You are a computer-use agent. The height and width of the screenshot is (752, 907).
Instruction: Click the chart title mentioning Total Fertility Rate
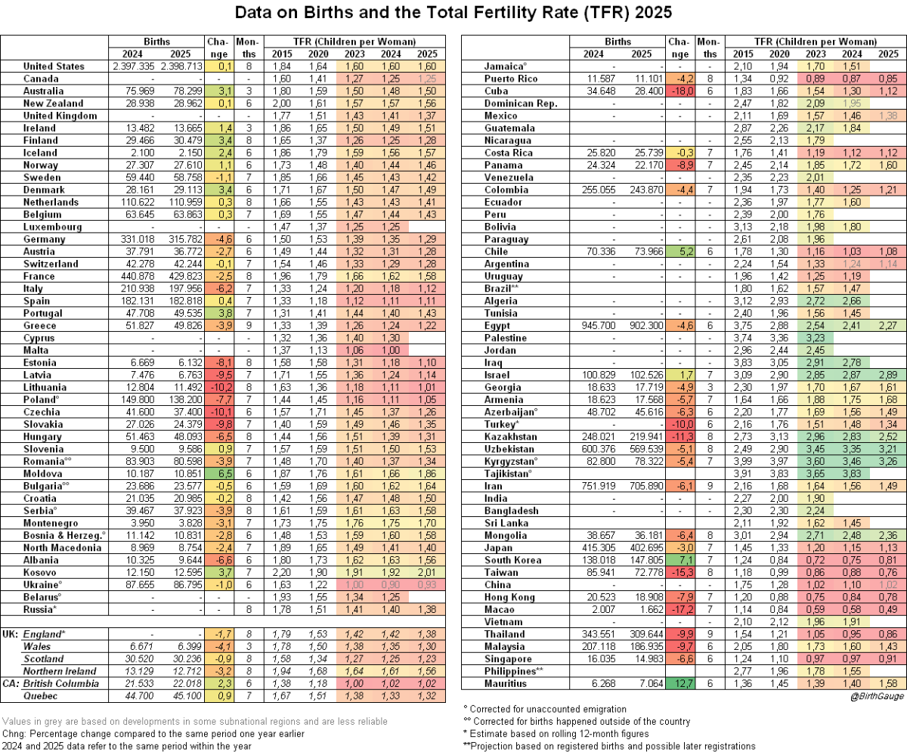tap(453, 14)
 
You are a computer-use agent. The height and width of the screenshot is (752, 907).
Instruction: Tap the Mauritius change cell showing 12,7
tap(679, 684)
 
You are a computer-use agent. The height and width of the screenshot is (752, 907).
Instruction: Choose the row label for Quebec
tap(45, 696)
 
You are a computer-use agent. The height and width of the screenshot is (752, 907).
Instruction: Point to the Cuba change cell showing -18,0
tap(679, 91)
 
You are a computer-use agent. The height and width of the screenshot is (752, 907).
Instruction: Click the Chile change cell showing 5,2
tap(679, 252)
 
